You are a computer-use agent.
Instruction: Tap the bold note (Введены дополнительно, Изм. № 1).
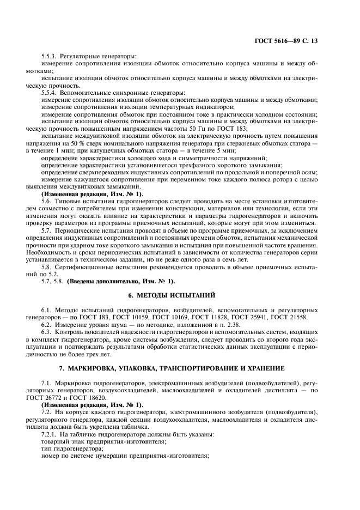point(121,281)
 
